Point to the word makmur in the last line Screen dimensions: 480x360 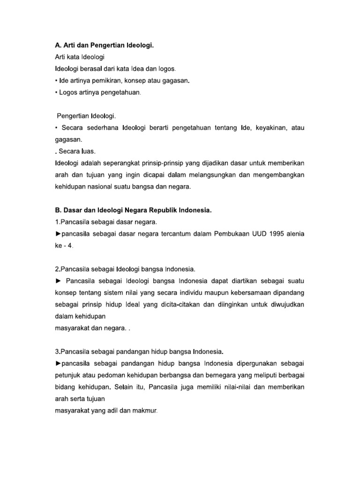pos(145,411)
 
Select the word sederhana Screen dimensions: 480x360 pos(101,127)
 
